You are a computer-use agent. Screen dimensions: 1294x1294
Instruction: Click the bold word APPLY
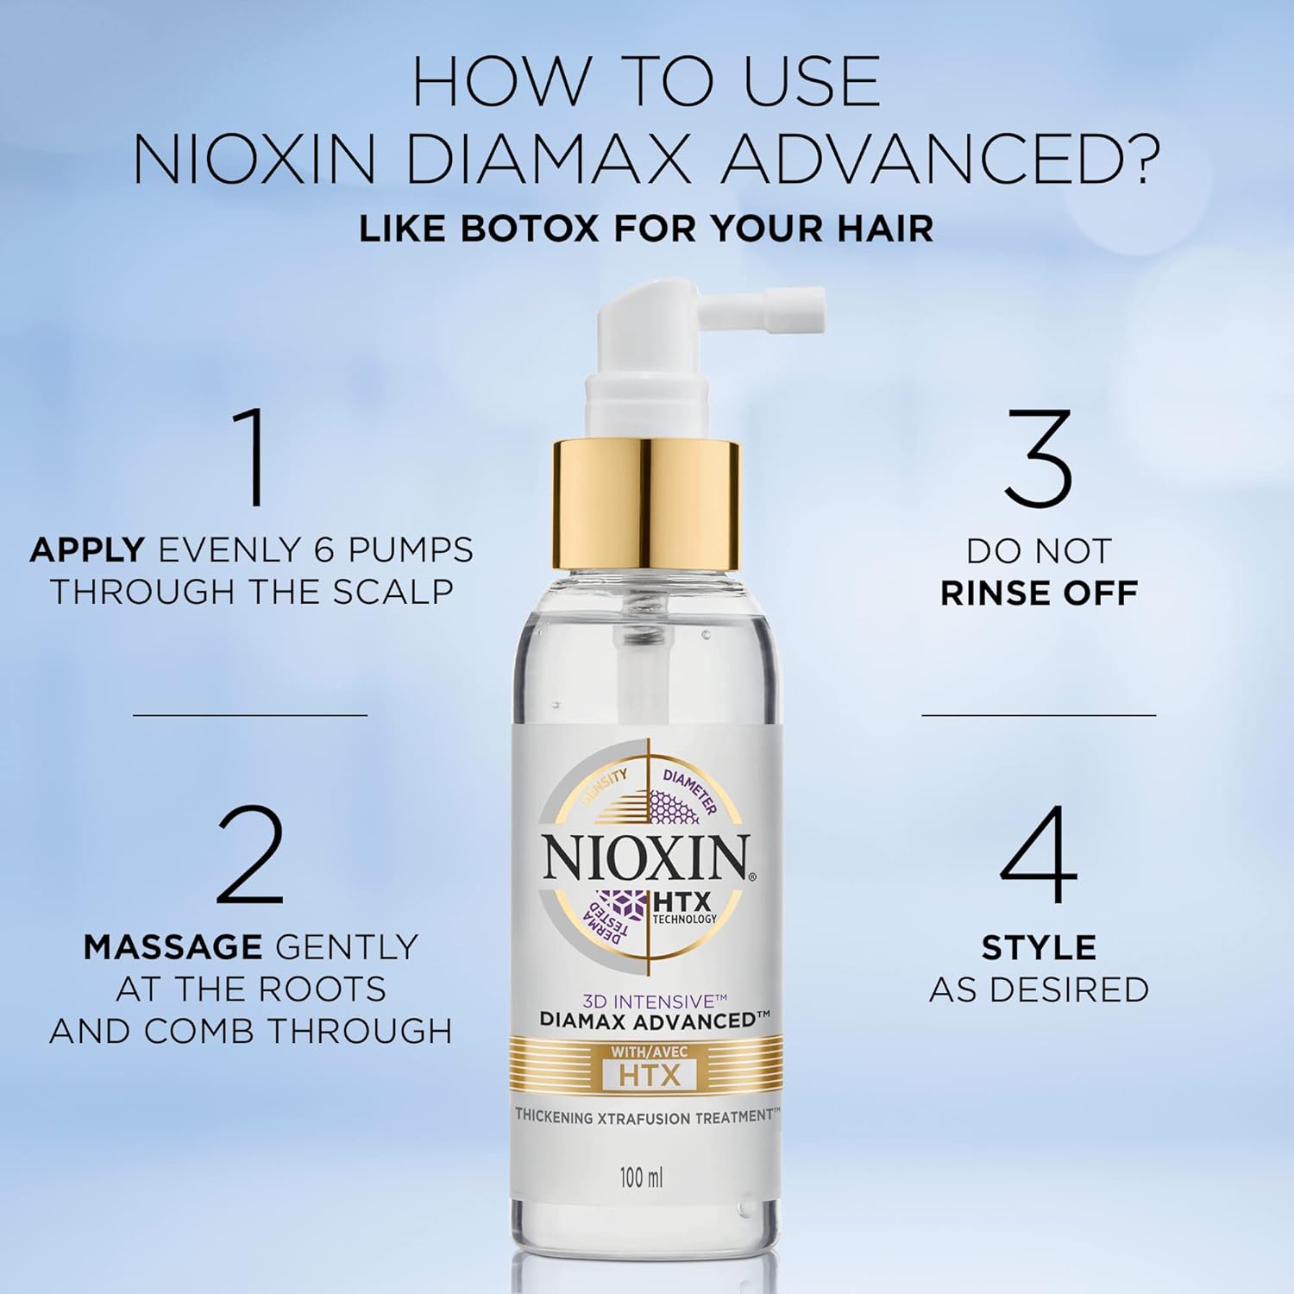[x=87, y=550]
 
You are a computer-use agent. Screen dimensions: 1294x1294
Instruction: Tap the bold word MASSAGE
[x=173, y=947]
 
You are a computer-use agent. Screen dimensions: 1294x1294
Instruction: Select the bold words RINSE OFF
[x=1039, y=593]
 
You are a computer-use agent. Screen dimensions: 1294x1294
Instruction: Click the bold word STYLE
[x=1039, y=948]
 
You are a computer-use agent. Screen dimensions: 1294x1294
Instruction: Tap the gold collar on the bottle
[x=646, y=505]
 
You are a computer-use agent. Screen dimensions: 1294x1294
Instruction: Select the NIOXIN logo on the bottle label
[x=646, y=858]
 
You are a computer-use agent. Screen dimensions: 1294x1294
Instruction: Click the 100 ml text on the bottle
[x=642, y=1177]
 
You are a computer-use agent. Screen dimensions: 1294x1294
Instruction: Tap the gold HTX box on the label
[x=649, y=1075]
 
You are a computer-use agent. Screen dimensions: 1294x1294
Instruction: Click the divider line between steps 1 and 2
[x=250, y=714]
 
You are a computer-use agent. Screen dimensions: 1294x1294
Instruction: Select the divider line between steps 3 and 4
[x=1039, y=714]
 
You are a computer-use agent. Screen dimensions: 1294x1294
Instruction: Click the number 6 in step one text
[x=324, y=550]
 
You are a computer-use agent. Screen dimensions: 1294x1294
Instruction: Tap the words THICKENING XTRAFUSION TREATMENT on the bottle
[x=647, y=1116]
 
